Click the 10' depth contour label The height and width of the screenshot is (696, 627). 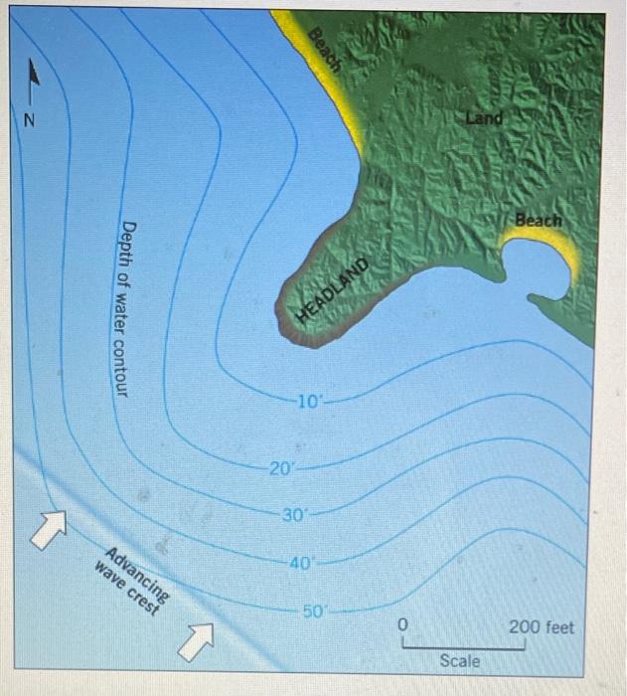[309, 403]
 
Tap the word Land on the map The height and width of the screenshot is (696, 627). [484, 118]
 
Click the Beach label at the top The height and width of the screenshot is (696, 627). [324, 51]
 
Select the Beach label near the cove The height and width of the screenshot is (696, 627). [538, 220]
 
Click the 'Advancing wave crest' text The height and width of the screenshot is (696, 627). [131, 582]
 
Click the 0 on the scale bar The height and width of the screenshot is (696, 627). [402, 625]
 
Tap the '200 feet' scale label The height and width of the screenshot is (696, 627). [541, 627]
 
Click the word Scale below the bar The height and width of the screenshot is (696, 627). [459, 660]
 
